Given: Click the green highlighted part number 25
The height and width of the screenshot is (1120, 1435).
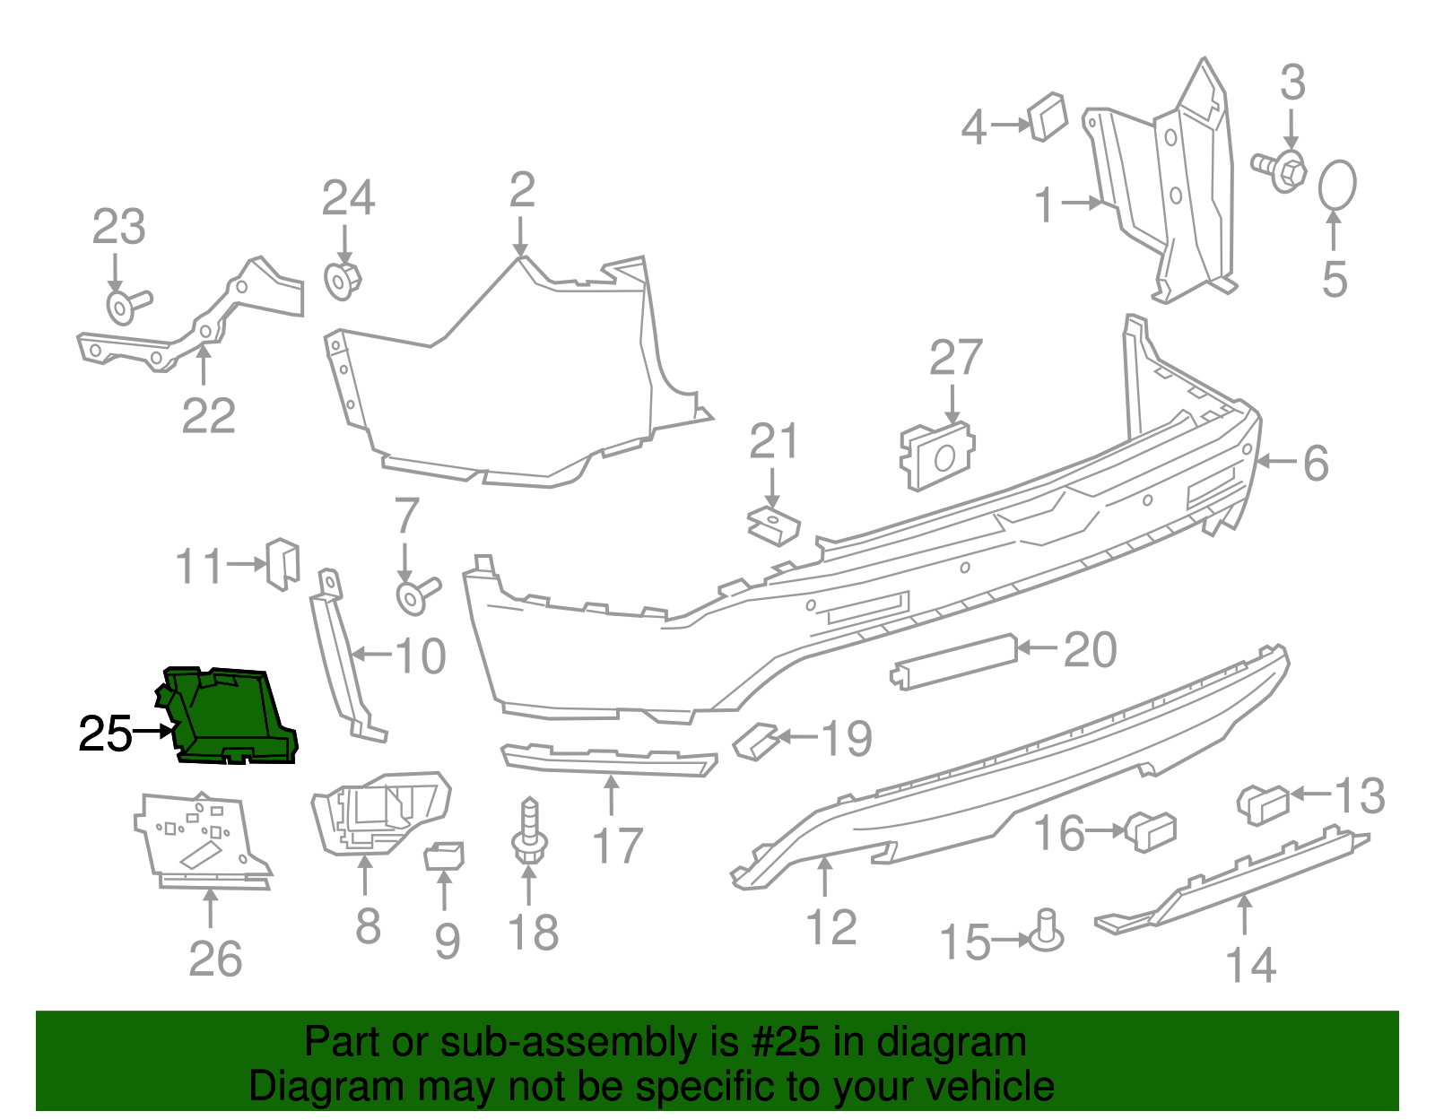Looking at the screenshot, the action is pyautogui.click(x=228, y=716).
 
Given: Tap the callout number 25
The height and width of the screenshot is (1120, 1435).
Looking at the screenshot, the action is pyautogui.click(x=105, y=734).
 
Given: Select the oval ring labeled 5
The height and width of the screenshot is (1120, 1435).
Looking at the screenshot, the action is pyautogui.click(x=1337, y=185).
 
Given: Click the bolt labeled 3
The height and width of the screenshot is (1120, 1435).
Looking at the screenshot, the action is pyautogui.click(x=1279, y=171).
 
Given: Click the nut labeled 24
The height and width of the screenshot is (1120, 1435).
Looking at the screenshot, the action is pyautogui.click(x=343, y=282).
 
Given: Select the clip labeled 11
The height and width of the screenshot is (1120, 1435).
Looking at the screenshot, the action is pyautogui.click(x=283, y=564).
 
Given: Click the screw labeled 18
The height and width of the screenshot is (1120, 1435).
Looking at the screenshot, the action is pyautogui.click(x=530, y=830).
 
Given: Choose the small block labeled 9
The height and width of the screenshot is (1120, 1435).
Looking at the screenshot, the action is pyautogui.click(x=444, y=855).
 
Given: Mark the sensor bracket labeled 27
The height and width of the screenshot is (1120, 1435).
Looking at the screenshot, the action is pyautogui.click(x=937, y=456).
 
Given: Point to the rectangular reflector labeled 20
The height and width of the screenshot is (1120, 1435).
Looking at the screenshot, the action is pyautogui.click(x=953, y=662).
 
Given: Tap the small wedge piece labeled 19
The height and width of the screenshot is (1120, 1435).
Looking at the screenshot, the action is pyautogui.click(x=756, y=742).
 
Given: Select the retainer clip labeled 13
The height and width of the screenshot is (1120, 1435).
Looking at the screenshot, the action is pyautogui.click(x=1263, y=805).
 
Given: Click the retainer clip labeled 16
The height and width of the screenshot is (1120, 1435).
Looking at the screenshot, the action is pyautogui.click(x=1151, y=831).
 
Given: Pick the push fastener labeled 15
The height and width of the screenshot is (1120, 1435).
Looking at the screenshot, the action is pyautogui.click(x=1046, y=932).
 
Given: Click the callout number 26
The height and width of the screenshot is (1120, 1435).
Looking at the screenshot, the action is pyautogui.click(x=215, y=959).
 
